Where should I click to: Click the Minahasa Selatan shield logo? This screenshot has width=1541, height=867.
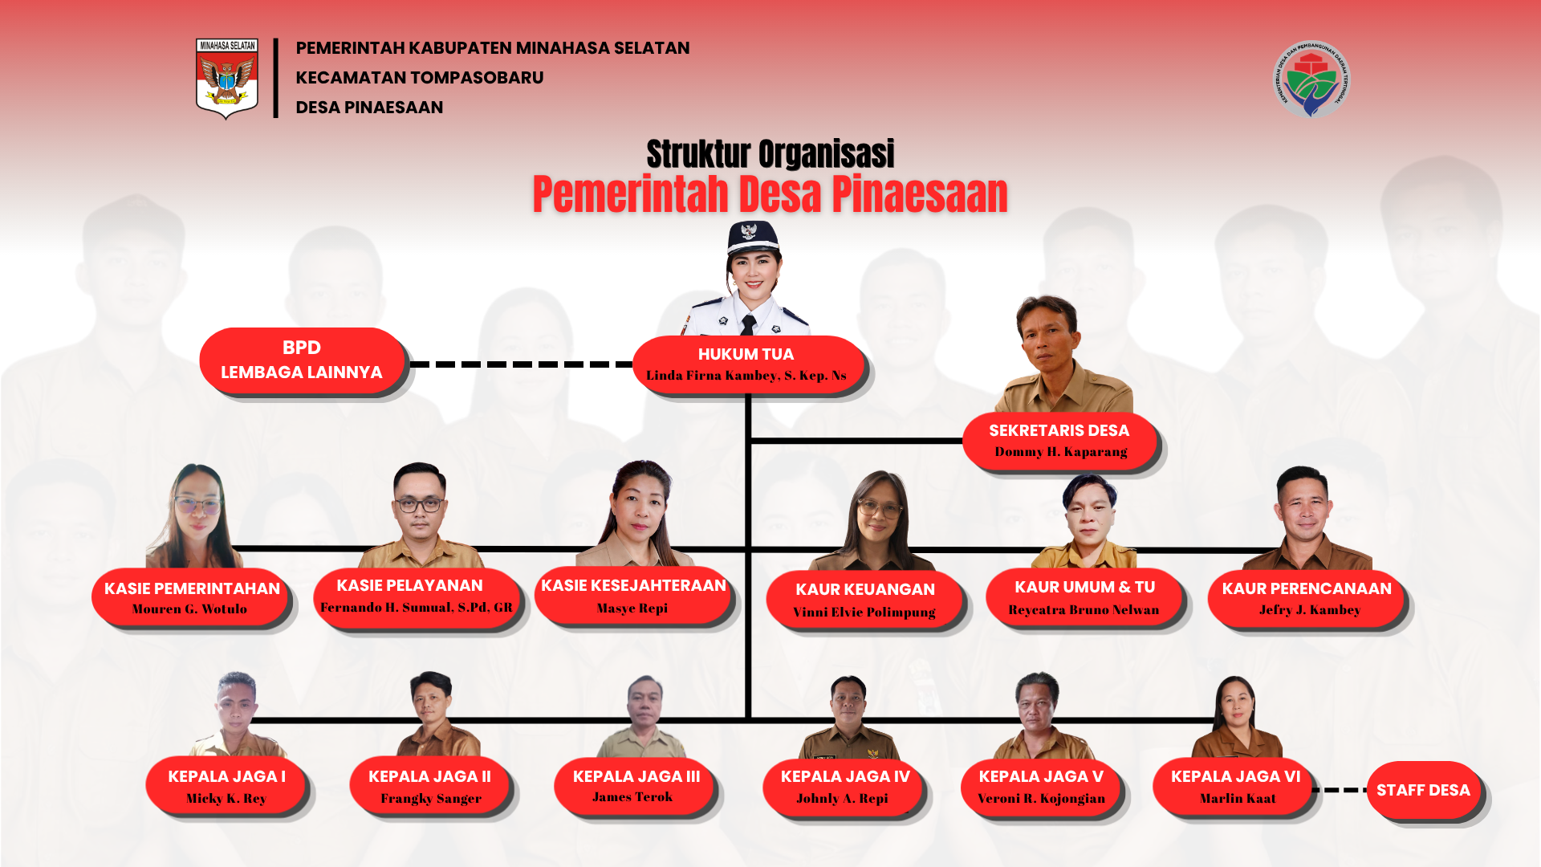pos(227,78)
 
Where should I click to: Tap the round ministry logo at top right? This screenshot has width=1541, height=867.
pos(1311,79)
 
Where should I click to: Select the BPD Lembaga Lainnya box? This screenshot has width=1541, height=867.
pos(302,360)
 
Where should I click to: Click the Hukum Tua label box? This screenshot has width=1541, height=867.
pos(746,364)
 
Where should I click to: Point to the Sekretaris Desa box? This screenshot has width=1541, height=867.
pos(1059,441)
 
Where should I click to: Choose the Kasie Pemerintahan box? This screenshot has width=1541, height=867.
pos(191,598)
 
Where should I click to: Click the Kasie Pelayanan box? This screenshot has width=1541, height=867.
pos(416,596)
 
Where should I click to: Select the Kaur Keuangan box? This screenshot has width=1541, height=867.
pos(864,600)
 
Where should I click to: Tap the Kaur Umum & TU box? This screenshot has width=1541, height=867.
pos(1084,598)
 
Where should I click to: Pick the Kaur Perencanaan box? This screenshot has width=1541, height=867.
pos(1307,598)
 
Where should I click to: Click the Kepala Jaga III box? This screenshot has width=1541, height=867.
pos(635,786)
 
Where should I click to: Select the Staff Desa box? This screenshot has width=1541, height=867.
pos(1423,790)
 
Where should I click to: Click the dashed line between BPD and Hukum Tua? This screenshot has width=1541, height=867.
pos(522,364)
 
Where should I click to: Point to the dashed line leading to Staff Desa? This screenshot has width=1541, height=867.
pos(1340,790)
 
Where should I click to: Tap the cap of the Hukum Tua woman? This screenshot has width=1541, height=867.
pos(752,237)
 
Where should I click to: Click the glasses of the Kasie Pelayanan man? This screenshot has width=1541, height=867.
pos(419,505)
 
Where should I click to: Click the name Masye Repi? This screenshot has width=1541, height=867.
pos(632,609)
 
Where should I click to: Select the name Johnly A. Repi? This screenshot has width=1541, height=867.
pos(842,798)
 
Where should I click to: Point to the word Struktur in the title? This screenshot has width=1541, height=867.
pos(697,154)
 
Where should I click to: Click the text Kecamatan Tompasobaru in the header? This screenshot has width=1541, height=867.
pos(419,78)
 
